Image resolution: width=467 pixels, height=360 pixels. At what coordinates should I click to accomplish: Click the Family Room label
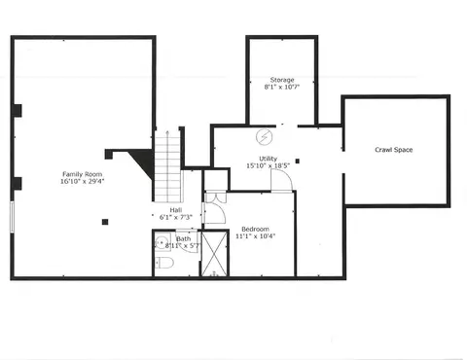pyautogui.click(x=82, y=174)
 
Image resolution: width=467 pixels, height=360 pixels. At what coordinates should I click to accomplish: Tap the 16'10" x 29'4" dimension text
pyautogui.click(x=82, y=181)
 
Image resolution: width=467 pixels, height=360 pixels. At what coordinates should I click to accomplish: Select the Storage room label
pyautogui.click(x=282, y=80)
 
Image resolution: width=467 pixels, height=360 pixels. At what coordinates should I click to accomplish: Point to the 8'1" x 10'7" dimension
pyautogui.click(x=282, y=87)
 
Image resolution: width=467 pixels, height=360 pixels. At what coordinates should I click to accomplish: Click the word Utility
pyautogui.click(x=269, y=159)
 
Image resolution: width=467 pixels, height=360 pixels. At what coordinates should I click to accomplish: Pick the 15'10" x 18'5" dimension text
pyautogui.click(x=268, y=165)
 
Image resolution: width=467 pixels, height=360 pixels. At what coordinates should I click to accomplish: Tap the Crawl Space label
pyautogui.click(x=394, y=150)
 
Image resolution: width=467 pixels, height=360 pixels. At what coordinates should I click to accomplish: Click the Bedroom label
pyautogui.click(x=255, y=229)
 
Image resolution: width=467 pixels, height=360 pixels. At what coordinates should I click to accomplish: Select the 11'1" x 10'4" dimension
pyautogui.click(x=255, y=236)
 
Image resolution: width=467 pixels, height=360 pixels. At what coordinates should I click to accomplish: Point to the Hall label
pyautogui.click(x=176, y=210)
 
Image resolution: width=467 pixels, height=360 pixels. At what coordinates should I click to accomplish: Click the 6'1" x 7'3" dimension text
pyautogui.click(x=176, y=217)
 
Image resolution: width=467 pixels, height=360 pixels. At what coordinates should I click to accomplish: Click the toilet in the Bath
pyautogui.click(x=164, y=263)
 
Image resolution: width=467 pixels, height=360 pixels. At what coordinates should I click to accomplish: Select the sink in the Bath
pyautogui.click(x=162, y=241)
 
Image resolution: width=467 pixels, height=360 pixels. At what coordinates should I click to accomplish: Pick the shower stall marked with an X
pyautogui.click(x=215, y=253)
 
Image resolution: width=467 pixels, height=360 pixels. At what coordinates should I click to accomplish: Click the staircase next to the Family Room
pyautogui.click(x=167, y=166)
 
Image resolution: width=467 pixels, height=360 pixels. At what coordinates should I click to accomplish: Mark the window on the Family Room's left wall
pyautogui.click(x=12, y=217)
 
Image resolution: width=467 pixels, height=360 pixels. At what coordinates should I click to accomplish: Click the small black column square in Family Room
pyautogui.click(x=105, y=222)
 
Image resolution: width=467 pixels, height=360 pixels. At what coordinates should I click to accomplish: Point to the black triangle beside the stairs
pyautogui.click(x=144, y=161)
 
